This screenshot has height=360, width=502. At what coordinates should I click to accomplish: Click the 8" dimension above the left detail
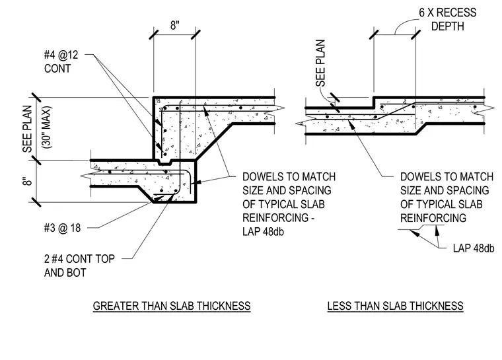point(174,25)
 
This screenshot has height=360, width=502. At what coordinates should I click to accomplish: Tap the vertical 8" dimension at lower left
point(28,181)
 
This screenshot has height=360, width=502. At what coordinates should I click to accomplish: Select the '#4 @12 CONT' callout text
point(61,61)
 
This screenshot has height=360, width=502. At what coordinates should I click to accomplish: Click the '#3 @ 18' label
point(62,228)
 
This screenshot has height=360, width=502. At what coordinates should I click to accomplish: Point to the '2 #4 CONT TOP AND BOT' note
point(79,266)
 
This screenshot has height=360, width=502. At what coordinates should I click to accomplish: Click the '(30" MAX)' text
point(47,127)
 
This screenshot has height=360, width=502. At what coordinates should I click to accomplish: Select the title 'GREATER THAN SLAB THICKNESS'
point(172,306)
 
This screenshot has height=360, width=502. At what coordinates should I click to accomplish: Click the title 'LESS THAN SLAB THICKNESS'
point(395,306)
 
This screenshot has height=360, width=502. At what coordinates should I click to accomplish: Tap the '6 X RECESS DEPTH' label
point(448,19)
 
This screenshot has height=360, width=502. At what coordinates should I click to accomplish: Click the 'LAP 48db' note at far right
point(474,248)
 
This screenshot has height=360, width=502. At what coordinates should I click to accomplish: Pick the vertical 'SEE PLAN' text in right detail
point(320,63)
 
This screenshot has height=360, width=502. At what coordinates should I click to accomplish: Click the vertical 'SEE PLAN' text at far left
point(28,129)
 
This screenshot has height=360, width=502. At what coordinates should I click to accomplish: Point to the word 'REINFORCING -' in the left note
point(278,218)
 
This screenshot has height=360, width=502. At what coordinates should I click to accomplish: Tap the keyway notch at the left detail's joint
point(165,162)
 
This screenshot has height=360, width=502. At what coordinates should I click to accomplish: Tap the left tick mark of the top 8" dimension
point(154,34)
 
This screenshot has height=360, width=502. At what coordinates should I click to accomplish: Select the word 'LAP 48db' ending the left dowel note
point(263,232)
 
